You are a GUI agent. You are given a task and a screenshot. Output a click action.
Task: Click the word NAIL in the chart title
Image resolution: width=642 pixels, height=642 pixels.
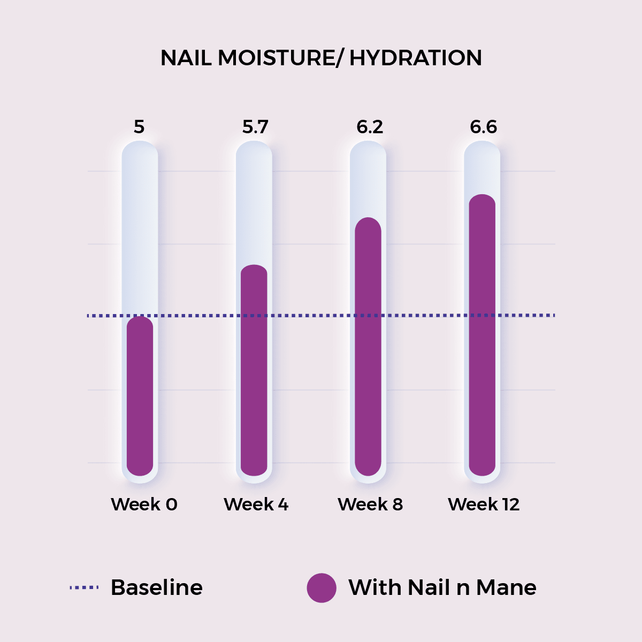pyautogui.click(x=186, y=58)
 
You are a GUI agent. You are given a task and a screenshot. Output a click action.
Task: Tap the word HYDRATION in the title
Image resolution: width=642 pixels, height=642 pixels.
pyautogui.click(x=416, y=58)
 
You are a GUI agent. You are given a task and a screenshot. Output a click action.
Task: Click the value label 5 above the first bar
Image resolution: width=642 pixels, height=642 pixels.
pyautogui.click(x=139, y=127)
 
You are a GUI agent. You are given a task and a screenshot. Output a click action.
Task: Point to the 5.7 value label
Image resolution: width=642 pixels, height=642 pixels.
pyautogui.click(x=255, y=127)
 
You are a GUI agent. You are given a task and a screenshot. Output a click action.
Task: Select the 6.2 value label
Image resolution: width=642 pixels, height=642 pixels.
pyautogui.click(x=370, y=127)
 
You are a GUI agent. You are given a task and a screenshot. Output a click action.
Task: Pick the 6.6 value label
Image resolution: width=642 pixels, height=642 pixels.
pyautogui.click(x=484, y=127)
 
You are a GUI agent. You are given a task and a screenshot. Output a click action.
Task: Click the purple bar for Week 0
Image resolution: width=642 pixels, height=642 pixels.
pyautogui.click(x=140, y=396)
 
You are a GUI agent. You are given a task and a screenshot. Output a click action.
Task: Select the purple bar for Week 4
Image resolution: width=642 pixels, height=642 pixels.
pyautogui.click(x=254, y=370)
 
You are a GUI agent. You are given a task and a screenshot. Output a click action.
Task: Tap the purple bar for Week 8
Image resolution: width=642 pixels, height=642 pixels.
pyautogui.click(x=368, y=347)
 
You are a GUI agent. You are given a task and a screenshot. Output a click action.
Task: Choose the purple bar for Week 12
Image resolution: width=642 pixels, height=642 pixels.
pyautogui.click(x=482, y=335)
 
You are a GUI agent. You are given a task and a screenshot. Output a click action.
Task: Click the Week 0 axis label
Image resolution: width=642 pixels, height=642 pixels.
pyautogui.click(x=144, y=504)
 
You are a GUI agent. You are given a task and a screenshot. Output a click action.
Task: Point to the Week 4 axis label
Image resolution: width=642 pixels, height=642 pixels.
pyautogui.click(x=256, y=504)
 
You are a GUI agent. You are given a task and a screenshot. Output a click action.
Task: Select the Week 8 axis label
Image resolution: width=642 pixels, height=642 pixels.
pyautogui.click(x=370, y=504)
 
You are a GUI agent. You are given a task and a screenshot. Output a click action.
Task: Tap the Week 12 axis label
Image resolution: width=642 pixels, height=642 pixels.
pyautogui.click(x=484, y=504)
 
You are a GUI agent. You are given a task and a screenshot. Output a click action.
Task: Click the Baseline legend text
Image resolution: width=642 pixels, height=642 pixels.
pyautogui.click(x=157, y=587)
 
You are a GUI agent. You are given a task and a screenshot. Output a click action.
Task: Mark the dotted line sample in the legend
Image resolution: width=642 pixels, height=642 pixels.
pyautogui.click(x=84, y=587)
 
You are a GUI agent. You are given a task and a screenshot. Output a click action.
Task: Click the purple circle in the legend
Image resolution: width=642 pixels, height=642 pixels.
pyautogui.click(x=322, y=587)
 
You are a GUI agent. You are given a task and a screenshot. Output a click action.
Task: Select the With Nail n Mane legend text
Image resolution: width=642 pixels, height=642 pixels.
pyautogui.click(x=442, y=587)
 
